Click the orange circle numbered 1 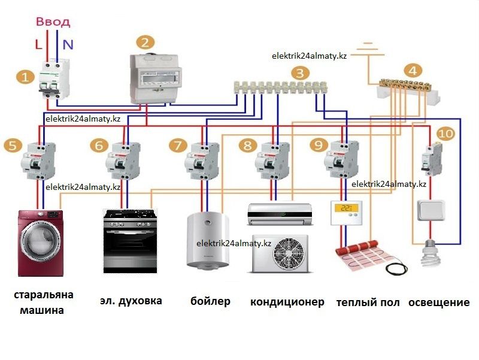tap(24, 77)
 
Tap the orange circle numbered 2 tap(145, 43)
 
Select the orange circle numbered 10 tap(445, 134)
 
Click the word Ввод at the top tap(53, 22)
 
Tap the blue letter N tap(68, 44)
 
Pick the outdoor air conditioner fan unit tap(280, 253)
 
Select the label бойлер tap(210, 301)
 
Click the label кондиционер tap(287, 301)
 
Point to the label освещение tap(439, 302)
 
